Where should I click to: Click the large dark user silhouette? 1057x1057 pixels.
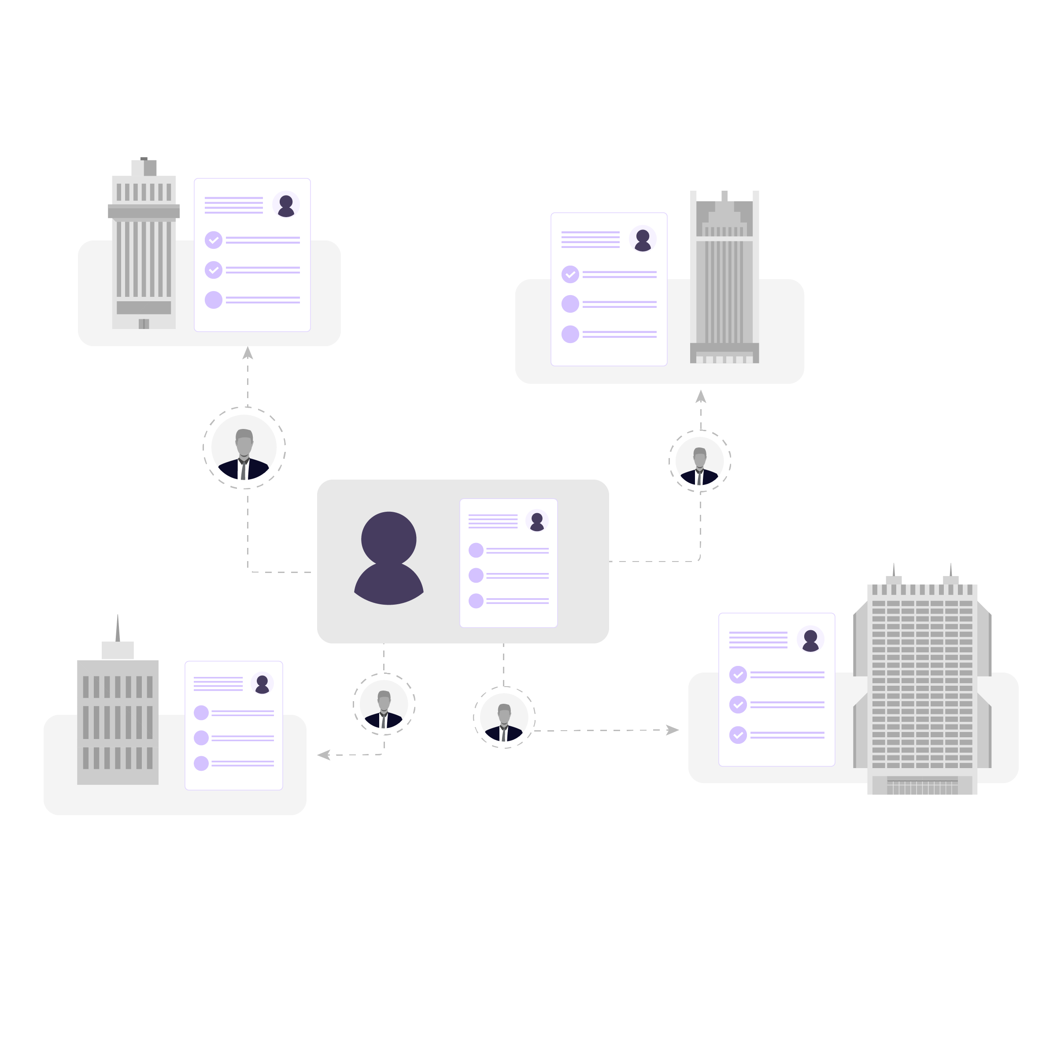pyautogui.click(x=388, y=558)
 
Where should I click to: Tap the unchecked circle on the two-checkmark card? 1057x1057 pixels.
pyautogui.click(x=213, y=300)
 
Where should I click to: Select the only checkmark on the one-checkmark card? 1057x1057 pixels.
pyautogui.click(x=570, y=274)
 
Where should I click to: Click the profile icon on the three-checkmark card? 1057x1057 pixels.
pyautogui.click(x=810, y=639)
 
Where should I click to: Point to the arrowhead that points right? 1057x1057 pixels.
pyautogui.click(x=673, y=730)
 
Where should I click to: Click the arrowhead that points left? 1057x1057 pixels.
pyautogui.click(x=323, y=755)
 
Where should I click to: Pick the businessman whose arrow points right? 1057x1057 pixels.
pyautogui.click(x=504, y=722)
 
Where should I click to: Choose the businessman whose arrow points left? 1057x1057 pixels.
pyautogui.click(x=384, y=709)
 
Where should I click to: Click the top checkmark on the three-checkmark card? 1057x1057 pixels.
pyautogui.click(x=738, y=675)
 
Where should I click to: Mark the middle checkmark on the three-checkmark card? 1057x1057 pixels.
pyautogui.click(x=738, y=705)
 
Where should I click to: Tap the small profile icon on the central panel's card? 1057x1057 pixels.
pyautogui.click(x=537, y=521)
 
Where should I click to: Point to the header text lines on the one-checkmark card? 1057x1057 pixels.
pyautogui.click(x=590, y=240)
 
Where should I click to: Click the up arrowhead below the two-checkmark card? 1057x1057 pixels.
pyautogui.click(x=248, y=353)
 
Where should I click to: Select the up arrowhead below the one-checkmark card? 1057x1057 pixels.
pyautogui.click(x=701, y=397)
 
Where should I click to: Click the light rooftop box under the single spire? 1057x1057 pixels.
pyautogui.click(x=118, y=650)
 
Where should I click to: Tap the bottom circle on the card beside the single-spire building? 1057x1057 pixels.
pyautogui.click(x=201, y=763)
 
